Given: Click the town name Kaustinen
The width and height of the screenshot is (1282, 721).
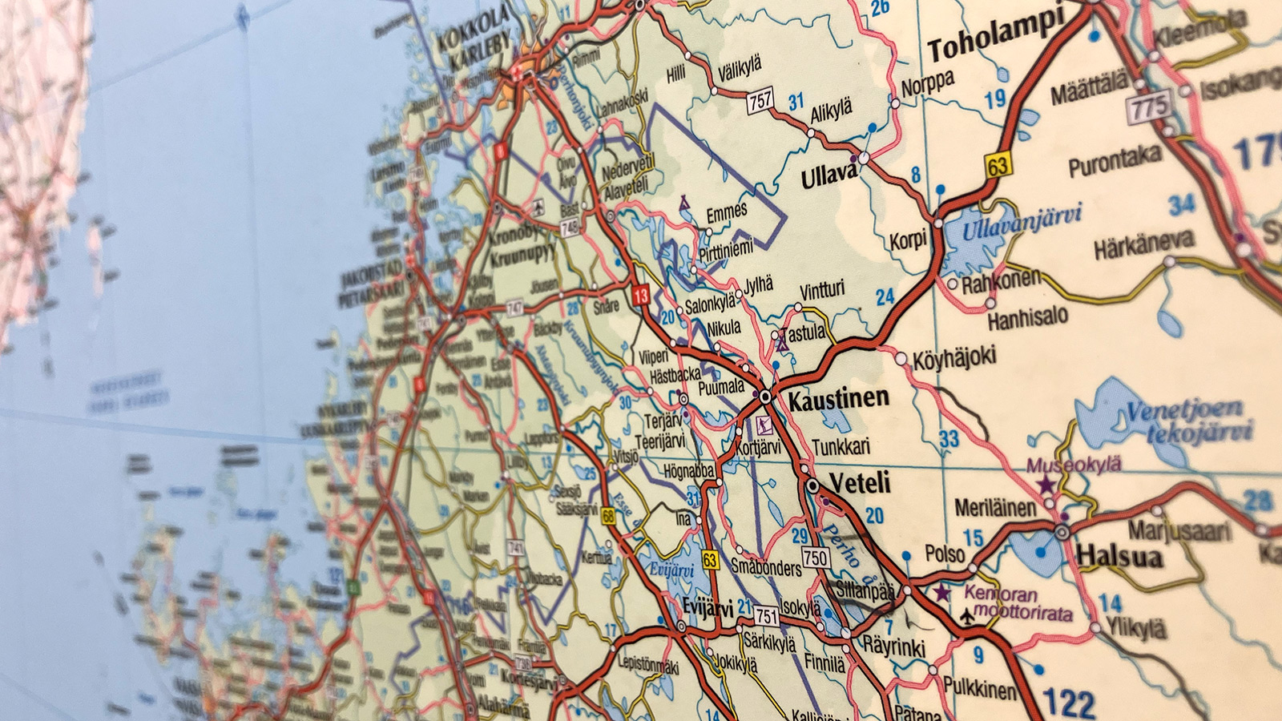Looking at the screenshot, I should click(x=838, y=399).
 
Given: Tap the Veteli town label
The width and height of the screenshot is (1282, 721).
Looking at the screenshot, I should click(x=860, y=483).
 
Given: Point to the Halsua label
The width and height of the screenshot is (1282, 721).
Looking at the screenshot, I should click(x=1119, y=555).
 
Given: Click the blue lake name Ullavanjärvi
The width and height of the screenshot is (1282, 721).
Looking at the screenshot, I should click(x=1022, y=221).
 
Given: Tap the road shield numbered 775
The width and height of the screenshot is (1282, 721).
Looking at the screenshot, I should click(x=1149, y=106).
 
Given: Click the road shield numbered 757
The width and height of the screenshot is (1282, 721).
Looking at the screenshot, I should click(x=760, y=101).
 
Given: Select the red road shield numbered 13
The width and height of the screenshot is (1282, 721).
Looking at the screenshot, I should click(x=640, y=296).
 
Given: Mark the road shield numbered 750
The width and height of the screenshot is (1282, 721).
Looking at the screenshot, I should click(x=815, y=558).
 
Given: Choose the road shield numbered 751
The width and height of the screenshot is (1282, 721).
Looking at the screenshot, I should click(x=767, y=615).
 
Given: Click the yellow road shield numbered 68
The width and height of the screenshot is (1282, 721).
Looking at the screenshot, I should click(x=609, y=516).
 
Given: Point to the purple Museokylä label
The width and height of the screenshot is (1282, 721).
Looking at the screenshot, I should click(x=1074, y=465).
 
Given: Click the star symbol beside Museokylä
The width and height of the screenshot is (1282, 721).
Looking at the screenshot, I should click(x=1046, y=485).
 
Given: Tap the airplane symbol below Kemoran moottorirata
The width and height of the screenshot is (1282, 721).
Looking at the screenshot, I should click(x=969, y=616).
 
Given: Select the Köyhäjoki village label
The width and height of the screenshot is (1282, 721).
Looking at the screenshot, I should click(x=954, y=357).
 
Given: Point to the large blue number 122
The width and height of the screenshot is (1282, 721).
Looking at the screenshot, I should click(x=1069, y=703).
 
